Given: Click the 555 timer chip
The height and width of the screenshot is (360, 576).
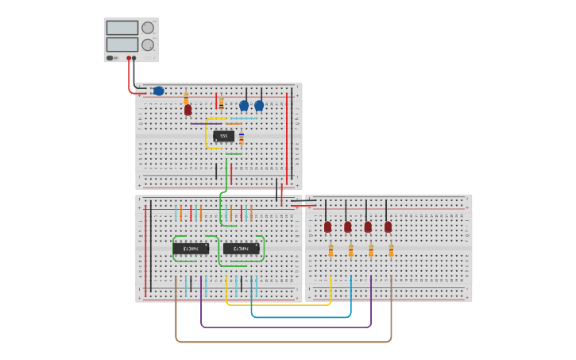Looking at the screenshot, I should pos(223,136).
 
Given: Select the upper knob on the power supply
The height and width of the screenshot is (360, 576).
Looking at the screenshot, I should pos(148,28).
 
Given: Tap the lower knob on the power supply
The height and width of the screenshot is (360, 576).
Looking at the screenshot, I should pos(148,45).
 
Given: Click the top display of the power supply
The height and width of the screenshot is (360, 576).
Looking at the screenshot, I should pos(122,28).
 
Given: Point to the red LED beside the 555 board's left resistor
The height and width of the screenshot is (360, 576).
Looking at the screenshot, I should pos(188,110).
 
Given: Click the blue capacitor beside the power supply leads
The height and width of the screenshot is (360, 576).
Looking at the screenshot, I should pos(158,91).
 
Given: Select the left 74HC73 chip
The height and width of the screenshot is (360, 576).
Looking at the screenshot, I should pos(191,249).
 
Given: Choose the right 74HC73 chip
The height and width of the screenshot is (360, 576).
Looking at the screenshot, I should pos(241,249).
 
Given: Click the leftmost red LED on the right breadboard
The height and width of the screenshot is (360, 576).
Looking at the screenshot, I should pos(327,226).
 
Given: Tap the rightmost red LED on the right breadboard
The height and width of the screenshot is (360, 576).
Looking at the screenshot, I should pos(388,226).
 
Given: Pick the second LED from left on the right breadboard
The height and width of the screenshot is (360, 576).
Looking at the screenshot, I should pos(347,226).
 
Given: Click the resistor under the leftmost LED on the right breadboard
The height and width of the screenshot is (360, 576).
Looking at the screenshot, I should pos(331,250).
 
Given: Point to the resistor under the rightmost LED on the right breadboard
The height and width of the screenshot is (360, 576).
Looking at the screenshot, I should pos(391,250).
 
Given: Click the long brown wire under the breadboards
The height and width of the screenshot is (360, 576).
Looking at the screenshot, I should pos(278,342).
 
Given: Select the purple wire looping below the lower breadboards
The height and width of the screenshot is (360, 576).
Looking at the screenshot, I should pos(286,327).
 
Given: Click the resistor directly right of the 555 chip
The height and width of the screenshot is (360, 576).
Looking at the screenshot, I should pos(242,138).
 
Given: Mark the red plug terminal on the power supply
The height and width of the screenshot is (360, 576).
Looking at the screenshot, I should pos(129,58).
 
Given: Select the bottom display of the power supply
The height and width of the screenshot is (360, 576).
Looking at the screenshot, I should pos(122,45).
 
